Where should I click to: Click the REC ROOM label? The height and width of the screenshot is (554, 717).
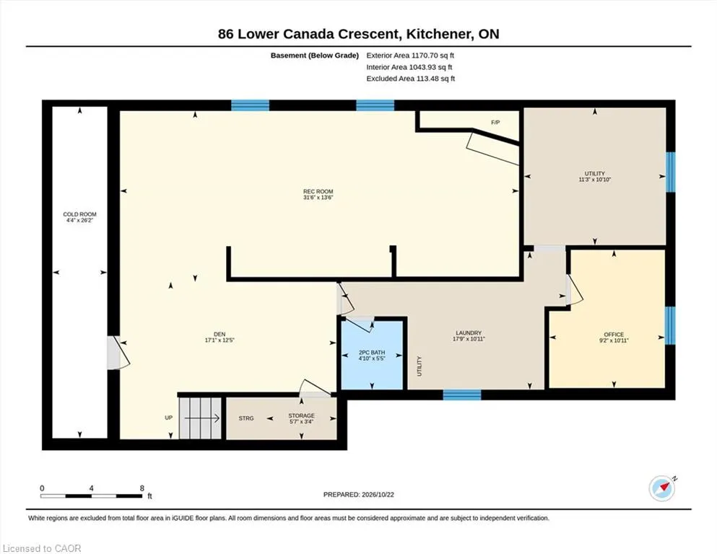click(x=318, y=191)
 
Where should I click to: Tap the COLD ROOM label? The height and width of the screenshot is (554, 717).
click(x=79, y=214)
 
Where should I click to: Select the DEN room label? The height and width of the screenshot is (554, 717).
click(x=220, y=334)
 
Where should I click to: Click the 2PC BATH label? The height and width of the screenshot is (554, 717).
click(x=372, y=353)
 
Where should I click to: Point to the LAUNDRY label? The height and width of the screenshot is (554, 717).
click(x=469, y=333)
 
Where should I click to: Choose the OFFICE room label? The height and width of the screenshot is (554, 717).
click(x=614, y=334)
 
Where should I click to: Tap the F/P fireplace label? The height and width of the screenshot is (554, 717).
click(x=495, y=123)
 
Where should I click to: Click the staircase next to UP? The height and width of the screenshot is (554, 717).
click(x=200, y=418)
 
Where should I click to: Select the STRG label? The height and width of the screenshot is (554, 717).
click(x=246, y=418)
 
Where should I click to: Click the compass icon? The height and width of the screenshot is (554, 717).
click(x=661, y=488)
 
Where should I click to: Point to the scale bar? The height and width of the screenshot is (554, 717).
click(x=92, y=496)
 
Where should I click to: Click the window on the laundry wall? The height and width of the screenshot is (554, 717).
click(x=462, y=395)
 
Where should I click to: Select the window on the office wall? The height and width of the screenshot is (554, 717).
click(x=670, y=325)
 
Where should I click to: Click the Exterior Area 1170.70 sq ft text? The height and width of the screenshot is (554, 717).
click(x=410, y=56)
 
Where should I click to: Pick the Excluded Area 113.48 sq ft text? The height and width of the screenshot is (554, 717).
click(x=411, y=79)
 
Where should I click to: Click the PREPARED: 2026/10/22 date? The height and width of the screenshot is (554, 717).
click(x=358, y=494)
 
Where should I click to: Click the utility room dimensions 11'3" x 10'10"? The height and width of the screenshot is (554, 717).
click(x=594, y=180)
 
